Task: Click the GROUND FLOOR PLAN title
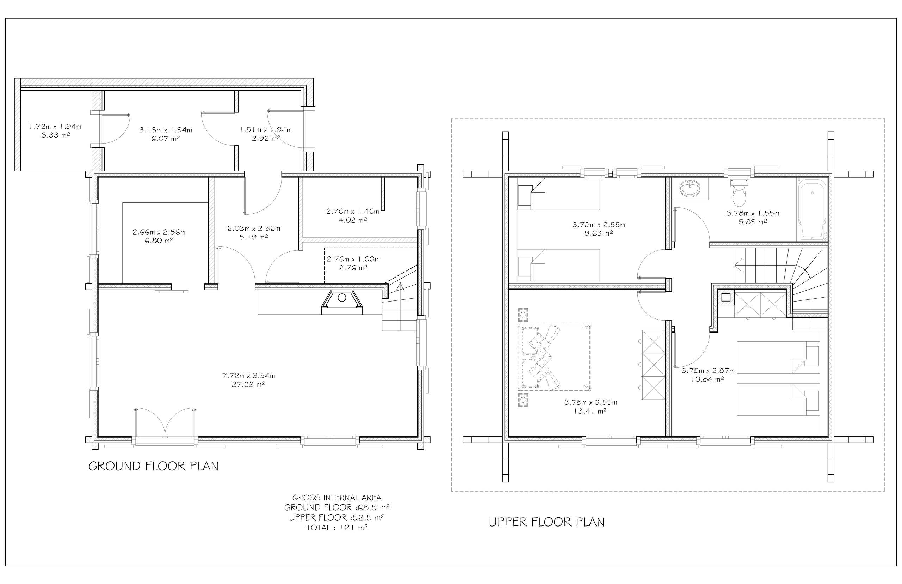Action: pyautogui.click(x=153, y=466)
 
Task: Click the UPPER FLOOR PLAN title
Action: pyautogui.click(x=546, y=522)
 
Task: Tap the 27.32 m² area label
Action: pyautogui.click(x=248, y=384)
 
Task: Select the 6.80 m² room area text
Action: pyautogui.click(x=159, y=241)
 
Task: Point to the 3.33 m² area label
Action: pyautogui.click(x=56, y=135)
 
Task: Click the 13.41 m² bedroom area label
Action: pyautogui.click(x=590, y=411)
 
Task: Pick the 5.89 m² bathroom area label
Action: pyautogui.click(x=753, y=222)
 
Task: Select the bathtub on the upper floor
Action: pyautogui.click(x=812, y=209)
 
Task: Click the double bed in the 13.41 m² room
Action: pyautogui.click(x=554, y=357)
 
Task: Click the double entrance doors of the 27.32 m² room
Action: pyautogui.click(x=165, y=422)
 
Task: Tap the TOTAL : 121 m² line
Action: pyautogui.click(x=337, y=528)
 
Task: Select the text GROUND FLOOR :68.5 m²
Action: pyautogui.click(x=337, y=507)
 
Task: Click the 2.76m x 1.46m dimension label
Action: pyautogui.click(x=353, y=211)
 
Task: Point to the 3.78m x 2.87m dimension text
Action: pyautogui.click(x=708, y=371)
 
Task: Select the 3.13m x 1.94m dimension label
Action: pyautogui.click(x=166, y=130)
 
